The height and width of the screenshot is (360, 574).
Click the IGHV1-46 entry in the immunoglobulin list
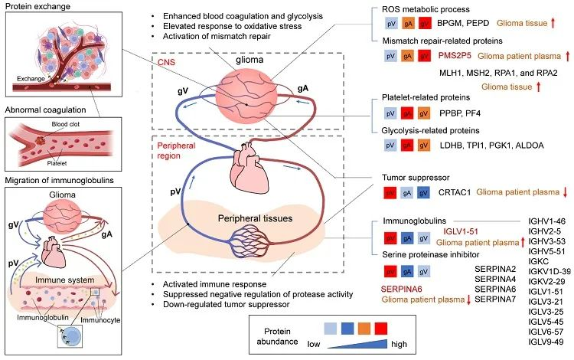tap(546, 220)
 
